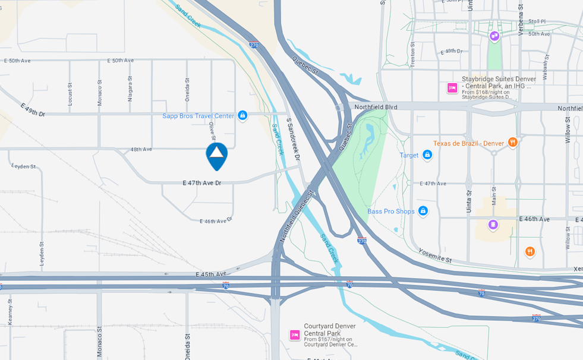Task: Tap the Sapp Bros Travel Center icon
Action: [x=242, y=115]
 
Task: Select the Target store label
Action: [x=409, y=156]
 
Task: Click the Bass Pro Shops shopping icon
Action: [x=423, y=211]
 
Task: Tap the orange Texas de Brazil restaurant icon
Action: [x=513, y=143]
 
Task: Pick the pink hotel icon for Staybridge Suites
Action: [x=452, y=88]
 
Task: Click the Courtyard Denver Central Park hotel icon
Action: [x=295, y=334]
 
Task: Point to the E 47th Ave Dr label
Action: [x=201, y=183]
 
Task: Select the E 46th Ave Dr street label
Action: [x=215, y=221]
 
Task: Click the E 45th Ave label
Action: [x=211, y=274]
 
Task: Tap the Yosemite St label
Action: [x=435, y=256]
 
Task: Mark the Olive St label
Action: [x=212, y=131]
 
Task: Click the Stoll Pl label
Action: [x=537, y=21]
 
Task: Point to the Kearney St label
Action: [x=11, y=311]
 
